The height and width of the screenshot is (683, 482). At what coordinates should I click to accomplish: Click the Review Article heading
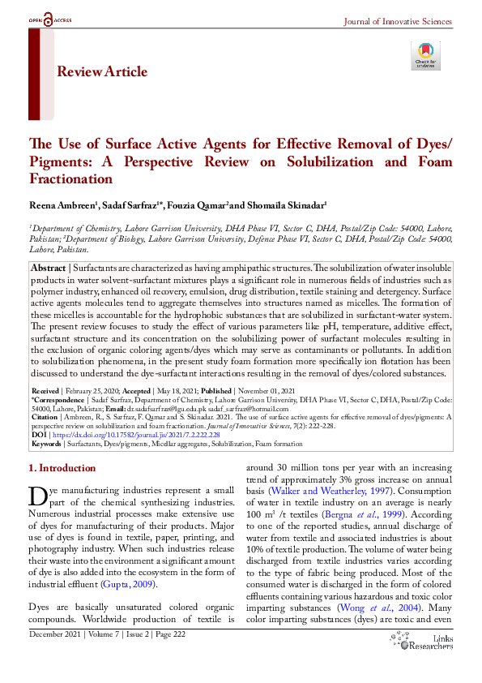tap(102, 72)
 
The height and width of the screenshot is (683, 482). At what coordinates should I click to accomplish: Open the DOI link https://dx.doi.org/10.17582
tap(134, 435)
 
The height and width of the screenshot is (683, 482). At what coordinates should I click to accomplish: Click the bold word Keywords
tap(47, 445)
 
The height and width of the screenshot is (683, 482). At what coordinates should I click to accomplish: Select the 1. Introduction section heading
tap(62, 468)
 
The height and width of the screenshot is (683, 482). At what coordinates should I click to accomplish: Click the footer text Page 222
tap(168, 657)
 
